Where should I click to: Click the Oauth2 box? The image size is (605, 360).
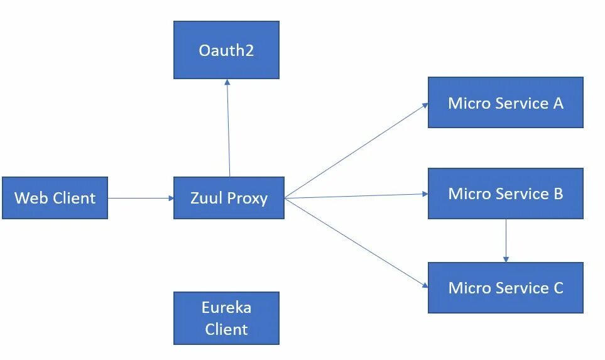pyautogui.click(x=226, y=50)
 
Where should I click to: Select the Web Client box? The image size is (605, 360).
pyautogui.click(x=55, y=198)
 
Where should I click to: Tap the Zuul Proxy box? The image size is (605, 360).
pyautogui.click(x=229, y=198)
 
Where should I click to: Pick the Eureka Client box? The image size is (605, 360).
pyautogui.click(x=226, y=318)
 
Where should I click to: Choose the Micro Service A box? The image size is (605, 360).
pyautogui.click(x=505, y=102)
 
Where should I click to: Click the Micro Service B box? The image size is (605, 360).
pyautogui.click(x=505, y=194)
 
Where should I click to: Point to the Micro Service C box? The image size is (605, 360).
pyautogui.click(x=505, y=288)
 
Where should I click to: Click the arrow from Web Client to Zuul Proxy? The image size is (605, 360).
pyautogui.click(x=141, y=198)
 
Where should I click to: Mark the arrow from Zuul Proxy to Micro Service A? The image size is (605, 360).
pyautogui.click(x=356, y=151)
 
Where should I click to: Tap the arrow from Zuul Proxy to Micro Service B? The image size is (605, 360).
pyautogui.click(x=356, y=196)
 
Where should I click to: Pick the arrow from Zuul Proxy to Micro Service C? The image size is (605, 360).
pyautogui.click(x=356, y=243)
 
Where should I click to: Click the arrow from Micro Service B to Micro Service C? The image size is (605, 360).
pyautogui.click(x=506, y=241)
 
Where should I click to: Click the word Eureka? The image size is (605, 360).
pyautogui.click(x=226, y=308)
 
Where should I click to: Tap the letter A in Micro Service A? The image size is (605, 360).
pyautogui.click(x=557, y=103)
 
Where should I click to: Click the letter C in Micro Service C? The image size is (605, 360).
pyautogui.click(x=558, y=288)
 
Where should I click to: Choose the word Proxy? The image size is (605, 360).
pyautogui.click(x=248, y=199)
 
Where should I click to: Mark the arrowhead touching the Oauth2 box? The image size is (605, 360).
pyautogui.click(x=227, y=82)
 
